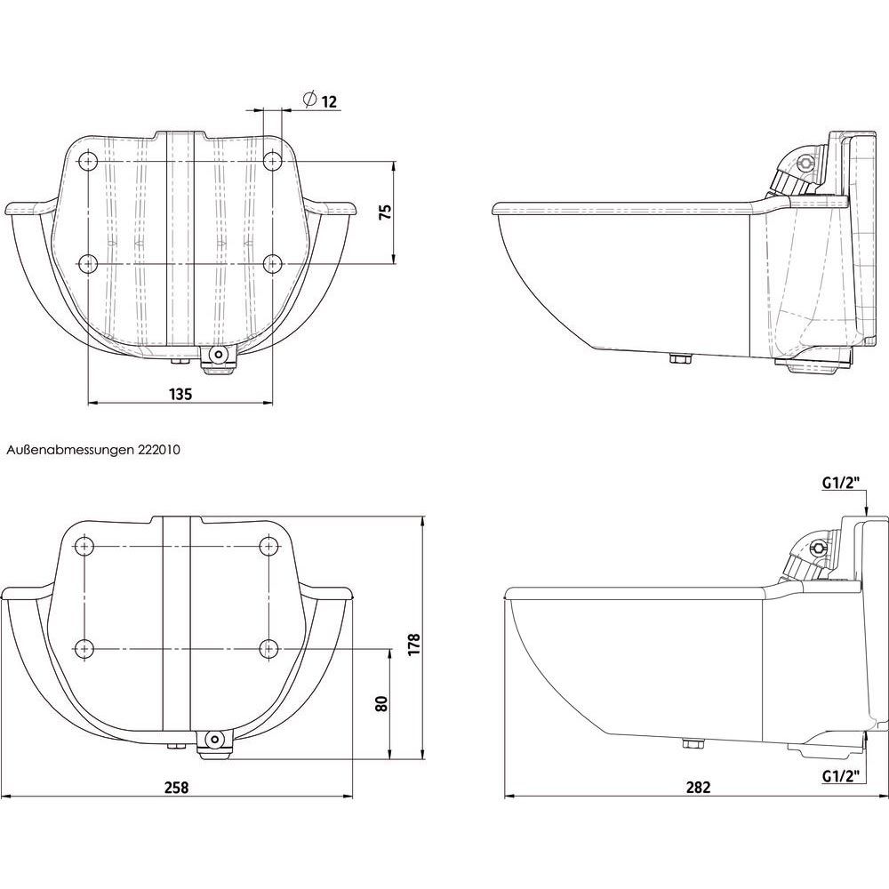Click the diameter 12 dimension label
click(320, 101)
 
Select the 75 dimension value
click(385, 212)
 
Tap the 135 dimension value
click(180, 394)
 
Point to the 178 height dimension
click(414, 645)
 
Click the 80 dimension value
click(381, 703)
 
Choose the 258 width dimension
click(176, 787)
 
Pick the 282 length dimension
click(698, 787)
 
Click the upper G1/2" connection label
click(841, 483)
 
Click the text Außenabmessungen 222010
click(93, 450)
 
